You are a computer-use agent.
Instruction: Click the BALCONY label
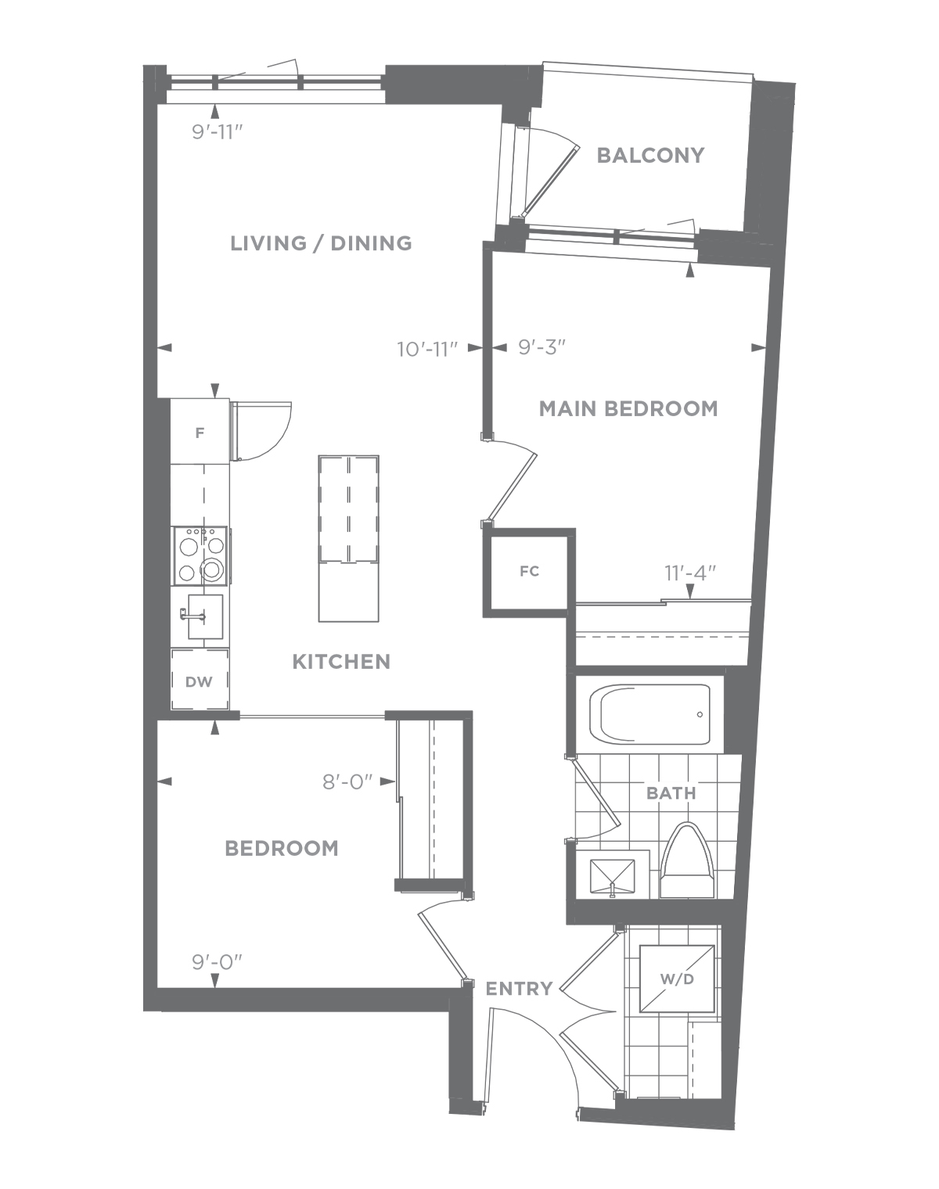650,155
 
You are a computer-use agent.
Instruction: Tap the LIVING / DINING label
321,243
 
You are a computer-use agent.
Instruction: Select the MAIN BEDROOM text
628,409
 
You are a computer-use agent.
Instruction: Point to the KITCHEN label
341,661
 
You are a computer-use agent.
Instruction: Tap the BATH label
671,793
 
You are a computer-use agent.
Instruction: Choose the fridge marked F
200,432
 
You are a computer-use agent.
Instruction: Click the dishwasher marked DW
200,680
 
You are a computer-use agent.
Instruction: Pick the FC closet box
530,573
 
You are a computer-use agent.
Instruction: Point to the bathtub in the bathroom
650,714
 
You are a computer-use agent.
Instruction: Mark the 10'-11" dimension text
428,350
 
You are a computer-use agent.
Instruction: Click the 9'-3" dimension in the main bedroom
542,347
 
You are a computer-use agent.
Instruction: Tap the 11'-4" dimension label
690,573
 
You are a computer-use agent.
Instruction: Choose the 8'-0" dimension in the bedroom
347,781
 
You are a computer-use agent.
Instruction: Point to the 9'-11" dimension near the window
218,133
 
